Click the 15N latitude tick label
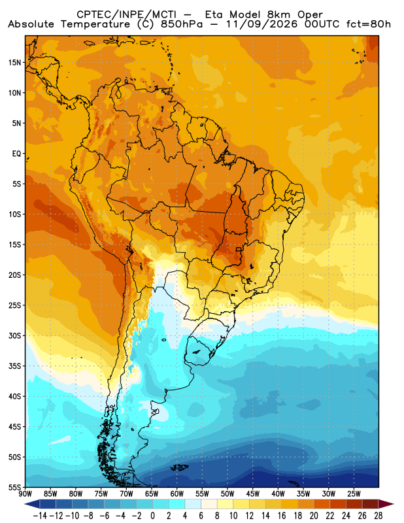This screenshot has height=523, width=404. [x=14, y=62]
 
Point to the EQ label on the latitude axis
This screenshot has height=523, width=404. [x=16, y=154]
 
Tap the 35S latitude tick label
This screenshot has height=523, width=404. [x=14, y=366]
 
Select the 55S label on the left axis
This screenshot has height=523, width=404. [x=14, y=487]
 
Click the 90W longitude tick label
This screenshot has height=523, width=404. [x=25, y=494]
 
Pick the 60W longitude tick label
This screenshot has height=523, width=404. [x=177, y=494]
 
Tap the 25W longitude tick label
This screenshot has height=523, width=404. [x=354, y=494]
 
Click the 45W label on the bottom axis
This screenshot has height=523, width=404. [x=253, y=494]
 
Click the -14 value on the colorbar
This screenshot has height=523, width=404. [x=40, y=516]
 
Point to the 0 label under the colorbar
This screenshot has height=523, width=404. [x=153, y=516]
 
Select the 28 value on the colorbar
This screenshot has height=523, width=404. [x=379, y=516]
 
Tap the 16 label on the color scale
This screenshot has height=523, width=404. [x=282, y=516]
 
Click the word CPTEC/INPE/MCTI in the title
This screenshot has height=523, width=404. [x=126, y=14]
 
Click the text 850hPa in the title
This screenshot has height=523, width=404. [x=182, y=24]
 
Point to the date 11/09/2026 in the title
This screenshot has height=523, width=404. [x=261, y=24]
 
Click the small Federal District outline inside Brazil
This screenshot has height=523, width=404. [x=239, y=249]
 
